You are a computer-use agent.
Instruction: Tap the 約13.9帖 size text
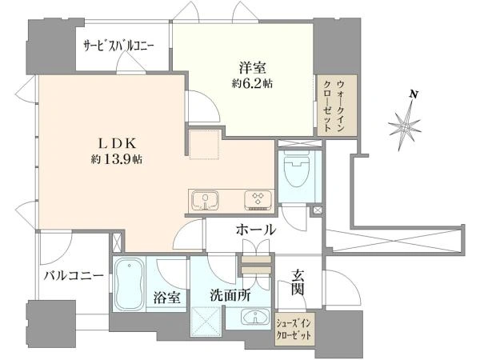point(117,159)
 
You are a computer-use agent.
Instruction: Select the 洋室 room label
point(253,68)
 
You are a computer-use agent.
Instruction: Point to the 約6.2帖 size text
point(253,83)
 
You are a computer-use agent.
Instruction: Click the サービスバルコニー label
point(119,46)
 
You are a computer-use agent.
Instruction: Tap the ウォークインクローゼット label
point(336,106)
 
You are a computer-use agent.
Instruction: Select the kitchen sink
point(206,201)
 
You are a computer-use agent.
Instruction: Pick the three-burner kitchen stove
point(258,201)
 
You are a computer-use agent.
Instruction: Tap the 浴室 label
point(167,298)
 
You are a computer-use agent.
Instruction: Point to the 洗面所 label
point(230,295)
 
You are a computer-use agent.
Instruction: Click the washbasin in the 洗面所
point(255,317)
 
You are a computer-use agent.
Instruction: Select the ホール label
point(256,230)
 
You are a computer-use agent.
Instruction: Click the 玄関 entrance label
point(298,282)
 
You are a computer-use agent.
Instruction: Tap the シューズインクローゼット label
point(294,329)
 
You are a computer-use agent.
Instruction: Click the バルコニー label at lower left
point(74,276)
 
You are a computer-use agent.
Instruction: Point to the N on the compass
point(414,94)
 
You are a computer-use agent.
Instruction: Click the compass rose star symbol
point(405,126)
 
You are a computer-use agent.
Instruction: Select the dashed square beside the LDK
point(204,145)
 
